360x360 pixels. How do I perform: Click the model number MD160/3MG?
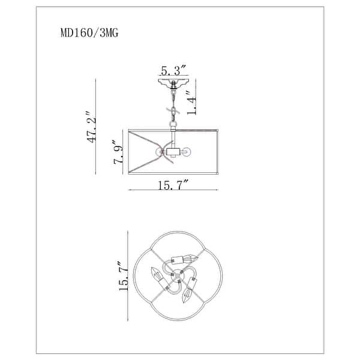pos(89,33)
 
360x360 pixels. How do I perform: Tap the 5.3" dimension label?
pos(173,70)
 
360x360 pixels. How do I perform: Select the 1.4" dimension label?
pos(191,103)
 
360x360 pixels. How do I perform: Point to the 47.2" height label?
pos(91,127)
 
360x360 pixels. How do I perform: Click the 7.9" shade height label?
pos(118,152)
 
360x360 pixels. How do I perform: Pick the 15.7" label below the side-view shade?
pos(173,185)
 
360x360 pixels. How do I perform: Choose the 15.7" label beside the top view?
pos(124,276)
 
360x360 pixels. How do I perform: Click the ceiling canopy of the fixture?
pos(173,83)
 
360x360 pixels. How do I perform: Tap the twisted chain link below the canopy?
pos(173,112)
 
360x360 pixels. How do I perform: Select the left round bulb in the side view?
pos(159,152)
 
